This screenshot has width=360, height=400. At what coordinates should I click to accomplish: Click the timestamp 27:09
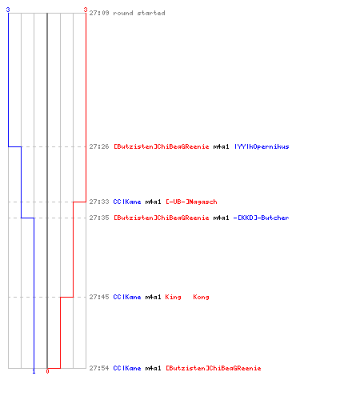tap(99, 13)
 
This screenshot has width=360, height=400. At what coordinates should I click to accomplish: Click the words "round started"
tap(139, 13)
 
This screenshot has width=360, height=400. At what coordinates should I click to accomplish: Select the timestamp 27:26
tap(99, 146)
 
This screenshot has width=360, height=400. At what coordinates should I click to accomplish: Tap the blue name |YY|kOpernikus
tap(262, 146)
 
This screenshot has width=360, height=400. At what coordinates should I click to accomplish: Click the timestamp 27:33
tap(99, 202)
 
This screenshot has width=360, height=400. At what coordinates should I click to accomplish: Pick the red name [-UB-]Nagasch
tap(191, 202)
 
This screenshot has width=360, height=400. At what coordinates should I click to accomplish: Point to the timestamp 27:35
tap(99, 218)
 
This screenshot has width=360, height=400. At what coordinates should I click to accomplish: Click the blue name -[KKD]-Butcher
tap(261, 218)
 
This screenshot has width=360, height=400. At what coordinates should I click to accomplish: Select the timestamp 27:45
tap(99, 297)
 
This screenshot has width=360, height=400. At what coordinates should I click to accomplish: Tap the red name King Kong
tap(187, 297)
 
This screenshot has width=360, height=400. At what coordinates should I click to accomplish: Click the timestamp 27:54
tap(99, 368)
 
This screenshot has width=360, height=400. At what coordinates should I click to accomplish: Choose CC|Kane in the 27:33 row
tap(127, 202)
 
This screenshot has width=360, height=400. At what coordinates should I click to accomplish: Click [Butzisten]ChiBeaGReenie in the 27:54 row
tap(214, 368)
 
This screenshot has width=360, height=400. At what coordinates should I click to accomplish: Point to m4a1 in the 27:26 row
tap(221, 146)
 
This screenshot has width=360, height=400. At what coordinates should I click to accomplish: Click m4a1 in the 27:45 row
tap(153, 297)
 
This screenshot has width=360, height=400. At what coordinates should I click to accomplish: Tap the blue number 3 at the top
tap(8, 10)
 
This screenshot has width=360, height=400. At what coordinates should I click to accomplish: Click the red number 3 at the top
tap(86, 10)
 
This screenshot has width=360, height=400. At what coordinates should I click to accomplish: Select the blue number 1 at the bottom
tap(34, 371)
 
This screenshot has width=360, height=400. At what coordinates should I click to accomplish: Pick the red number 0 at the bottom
tap(47, 371)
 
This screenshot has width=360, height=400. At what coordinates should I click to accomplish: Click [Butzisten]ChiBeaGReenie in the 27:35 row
tap(162, 218)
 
